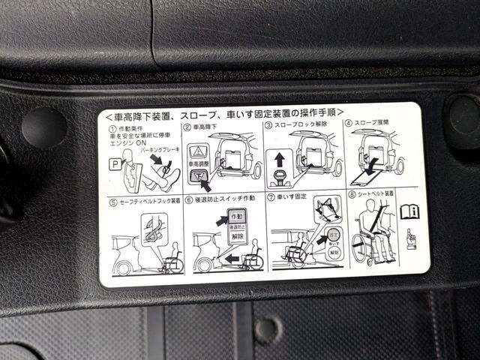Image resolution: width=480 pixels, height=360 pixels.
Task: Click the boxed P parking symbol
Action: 112,161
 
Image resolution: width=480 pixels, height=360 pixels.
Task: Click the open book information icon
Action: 408,212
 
